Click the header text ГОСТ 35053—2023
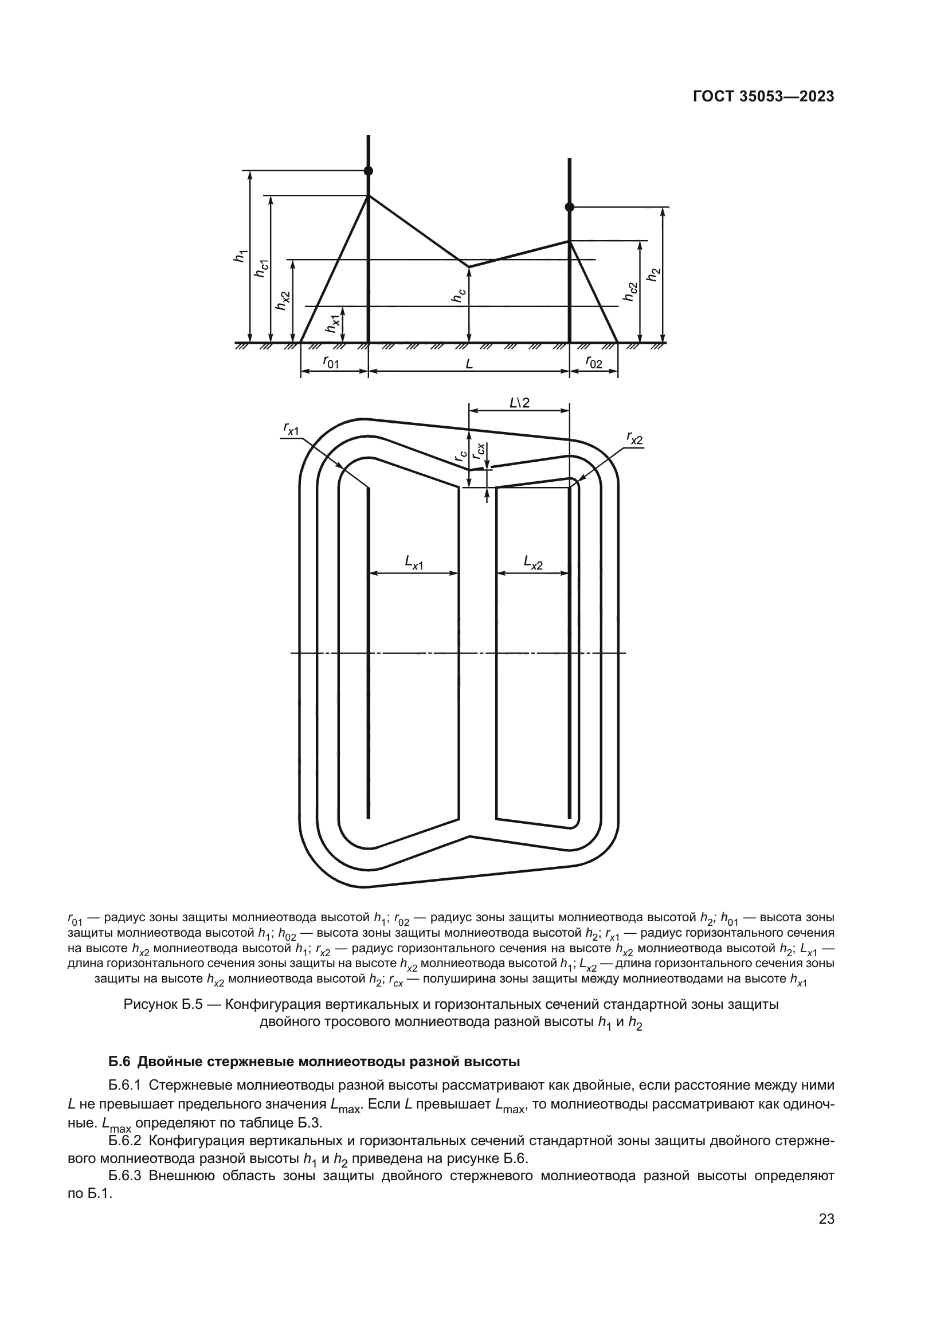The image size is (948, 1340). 763,97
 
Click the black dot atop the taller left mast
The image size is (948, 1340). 369,171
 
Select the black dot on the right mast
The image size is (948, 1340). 570,207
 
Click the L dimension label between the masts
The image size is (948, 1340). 469,364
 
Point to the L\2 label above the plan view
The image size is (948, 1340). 519,402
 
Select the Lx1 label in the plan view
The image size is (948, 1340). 414,563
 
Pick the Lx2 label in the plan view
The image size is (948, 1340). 533,563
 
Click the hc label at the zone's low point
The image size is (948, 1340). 459,297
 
